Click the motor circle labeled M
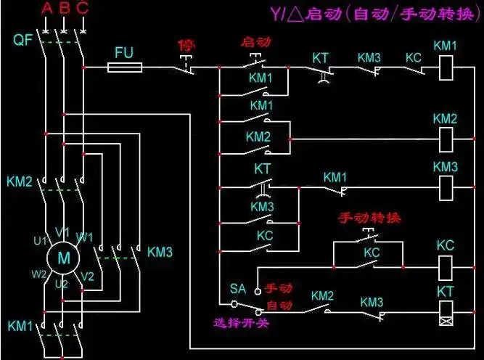pyautogui.click(x=63, y=257)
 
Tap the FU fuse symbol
pyautogui.click(x=125, y=67)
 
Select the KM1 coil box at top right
pyautogui.click(x=445, y=67)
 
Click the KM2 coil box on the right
pyautogui.click(x=445, y=136)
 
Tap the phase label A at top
pyautogui.click(x=47, y=9)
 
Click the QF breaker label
pyautogui.click(x=22, y=40)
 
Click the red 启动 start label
pyautogui.click(x=255, y=42)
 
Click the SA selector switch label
pyautogui.click(x=238, y=288)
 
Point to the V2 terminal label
pyautogui.click(x=87, y=277)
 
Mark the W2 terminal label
pyautogui.click(x=39, y=274)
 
